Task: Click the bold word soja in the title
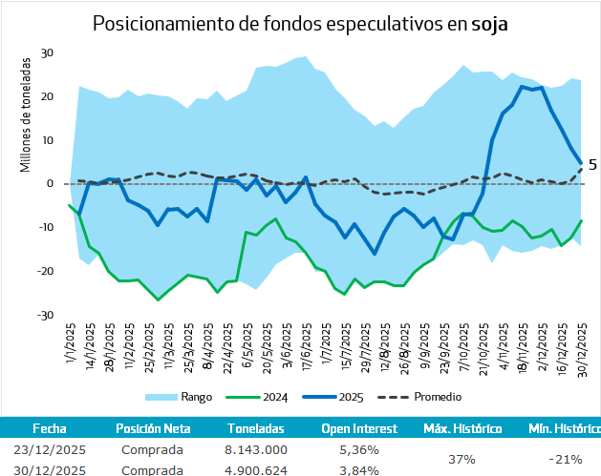pos(489,24)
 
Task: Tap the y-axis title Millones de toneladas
pos(26,115)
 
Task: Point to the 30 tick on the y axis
pos(48,53)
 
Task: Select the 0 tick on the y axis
pos(52,184)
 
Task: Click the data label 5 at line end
pos(592,165)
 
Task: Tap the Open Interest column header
pos(360,428)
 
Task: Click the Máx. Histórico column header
pos(462,428)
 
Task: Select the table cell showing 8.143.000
pos(256,449)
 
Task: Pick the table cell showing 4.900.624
pos(256,469)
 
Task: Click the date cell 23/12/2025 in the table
pos(50,449)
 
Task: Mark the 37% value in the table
pos(462,459)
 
